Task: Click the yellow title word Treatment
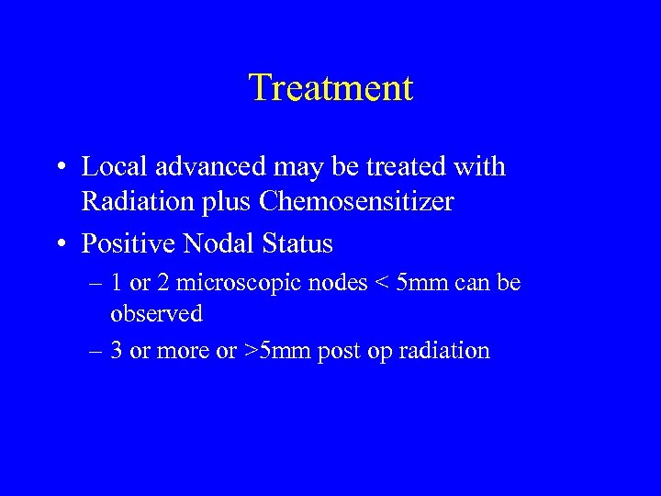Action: pos(330,88)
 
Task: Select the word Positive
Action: pos(128,245)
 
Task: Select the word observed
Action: pos(156,314)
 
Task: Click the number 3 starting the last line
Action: pos(117,351)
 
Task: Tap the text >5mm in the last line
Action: pos(279,351)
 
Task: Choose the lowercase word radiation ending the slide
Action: pos(444,351)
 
